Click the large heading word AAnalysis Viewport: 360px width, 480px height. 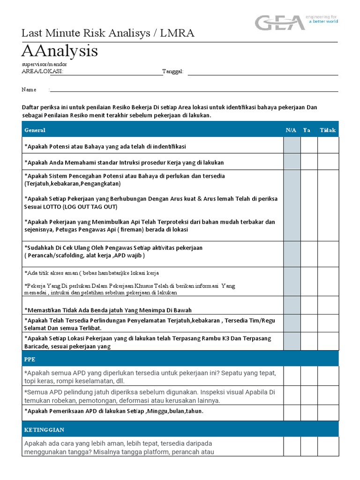[60, 51]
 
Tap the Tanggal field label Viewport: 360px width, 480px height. [173, 71]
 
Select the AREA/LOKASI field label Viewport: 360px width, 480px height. [43, 71]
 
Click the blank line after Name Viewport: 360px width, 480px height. [194, 90]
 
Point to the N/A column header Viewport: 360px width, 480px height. [291, 130]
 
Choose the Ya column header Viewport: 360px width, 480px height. [307, 130]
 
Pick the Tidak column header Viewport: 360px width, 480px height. [328, 130]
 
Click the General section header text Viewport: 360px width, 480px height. [35, 130]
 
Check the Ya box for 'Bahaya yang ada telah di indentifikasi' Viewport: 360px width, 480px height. [309, 146]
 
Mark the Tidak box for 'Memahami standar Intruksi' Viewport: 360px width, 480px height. [328, 162]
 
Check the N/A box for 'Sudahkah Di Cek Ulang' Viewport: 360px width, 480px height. [292, 254]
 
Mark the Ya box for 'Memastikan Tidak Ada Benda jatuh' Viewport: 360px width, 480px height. [309, 306]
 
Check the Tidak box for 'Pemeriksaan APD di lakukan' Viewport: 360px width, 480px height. [328, 412]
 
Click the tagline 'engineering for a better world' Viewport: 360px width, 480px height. [322, 19]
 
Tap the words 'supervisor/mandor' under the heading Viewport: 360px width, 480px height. [44, 64]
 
